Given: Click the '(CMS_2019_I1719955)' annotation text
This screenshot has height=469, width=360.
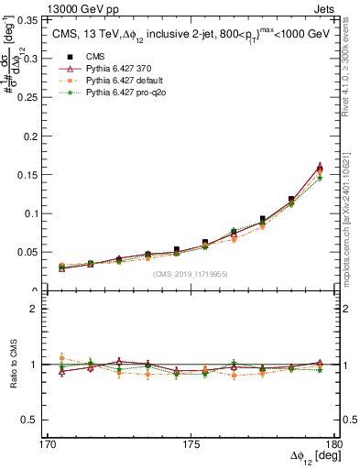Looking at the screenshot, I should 190,273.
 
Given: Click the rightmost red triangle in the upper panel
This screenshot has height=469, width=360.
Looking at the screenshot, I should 320,167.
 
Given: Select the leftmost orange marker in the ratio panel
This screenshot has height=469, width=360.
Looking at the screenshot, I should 61,358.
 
